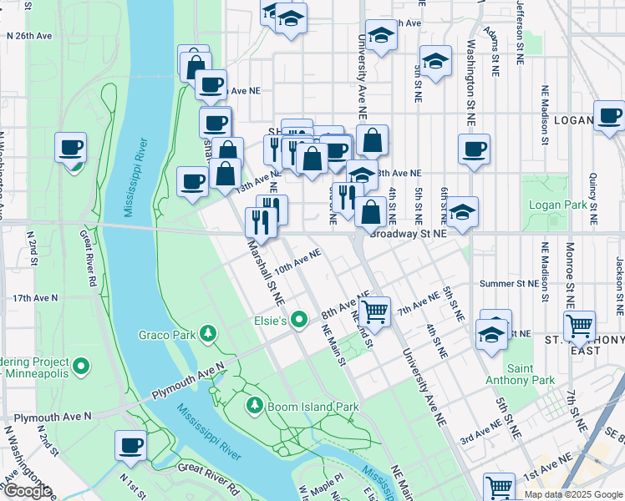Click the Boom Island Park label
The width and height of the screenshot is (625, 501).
pos(312,407)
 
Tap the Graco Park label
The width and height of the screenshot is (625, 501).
pos(167,336)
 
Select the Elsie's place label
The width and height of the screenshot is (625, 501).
pos(270,321)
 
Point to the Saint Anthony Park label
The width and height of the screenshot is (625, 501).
pos(531,374)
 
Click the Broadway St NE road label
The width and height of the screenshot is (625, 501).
pos(409,235)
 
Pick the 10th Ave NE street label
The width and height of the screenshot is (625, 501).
pos(297,261)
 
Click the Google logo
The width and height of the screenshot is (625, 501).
pos(27,491)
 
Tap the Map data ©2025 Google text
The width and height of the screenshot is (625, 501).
pos(572,494)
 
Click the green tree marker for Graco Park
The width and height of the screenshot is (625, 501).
pos(208,335)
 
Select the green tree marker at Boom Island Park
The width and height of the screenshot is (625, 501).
pos(255,406)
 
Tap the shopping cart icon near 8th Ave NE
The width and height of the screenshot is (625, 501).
pos(376,312)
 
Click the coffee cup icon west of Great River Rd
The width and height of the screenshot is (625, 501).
pos(71,149)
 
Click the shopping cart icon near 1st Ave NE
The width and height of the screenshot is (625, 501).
pos(499,486)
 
